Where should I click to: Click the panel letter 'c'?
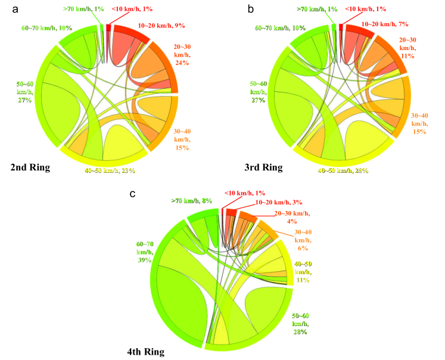tap(139, 195)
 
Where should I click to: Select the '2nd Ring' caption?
tap(30, 168)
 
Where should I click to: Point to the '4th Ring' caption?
tap(145, 352)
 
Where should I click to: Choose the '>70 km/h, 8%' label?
tap(188, 201)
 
